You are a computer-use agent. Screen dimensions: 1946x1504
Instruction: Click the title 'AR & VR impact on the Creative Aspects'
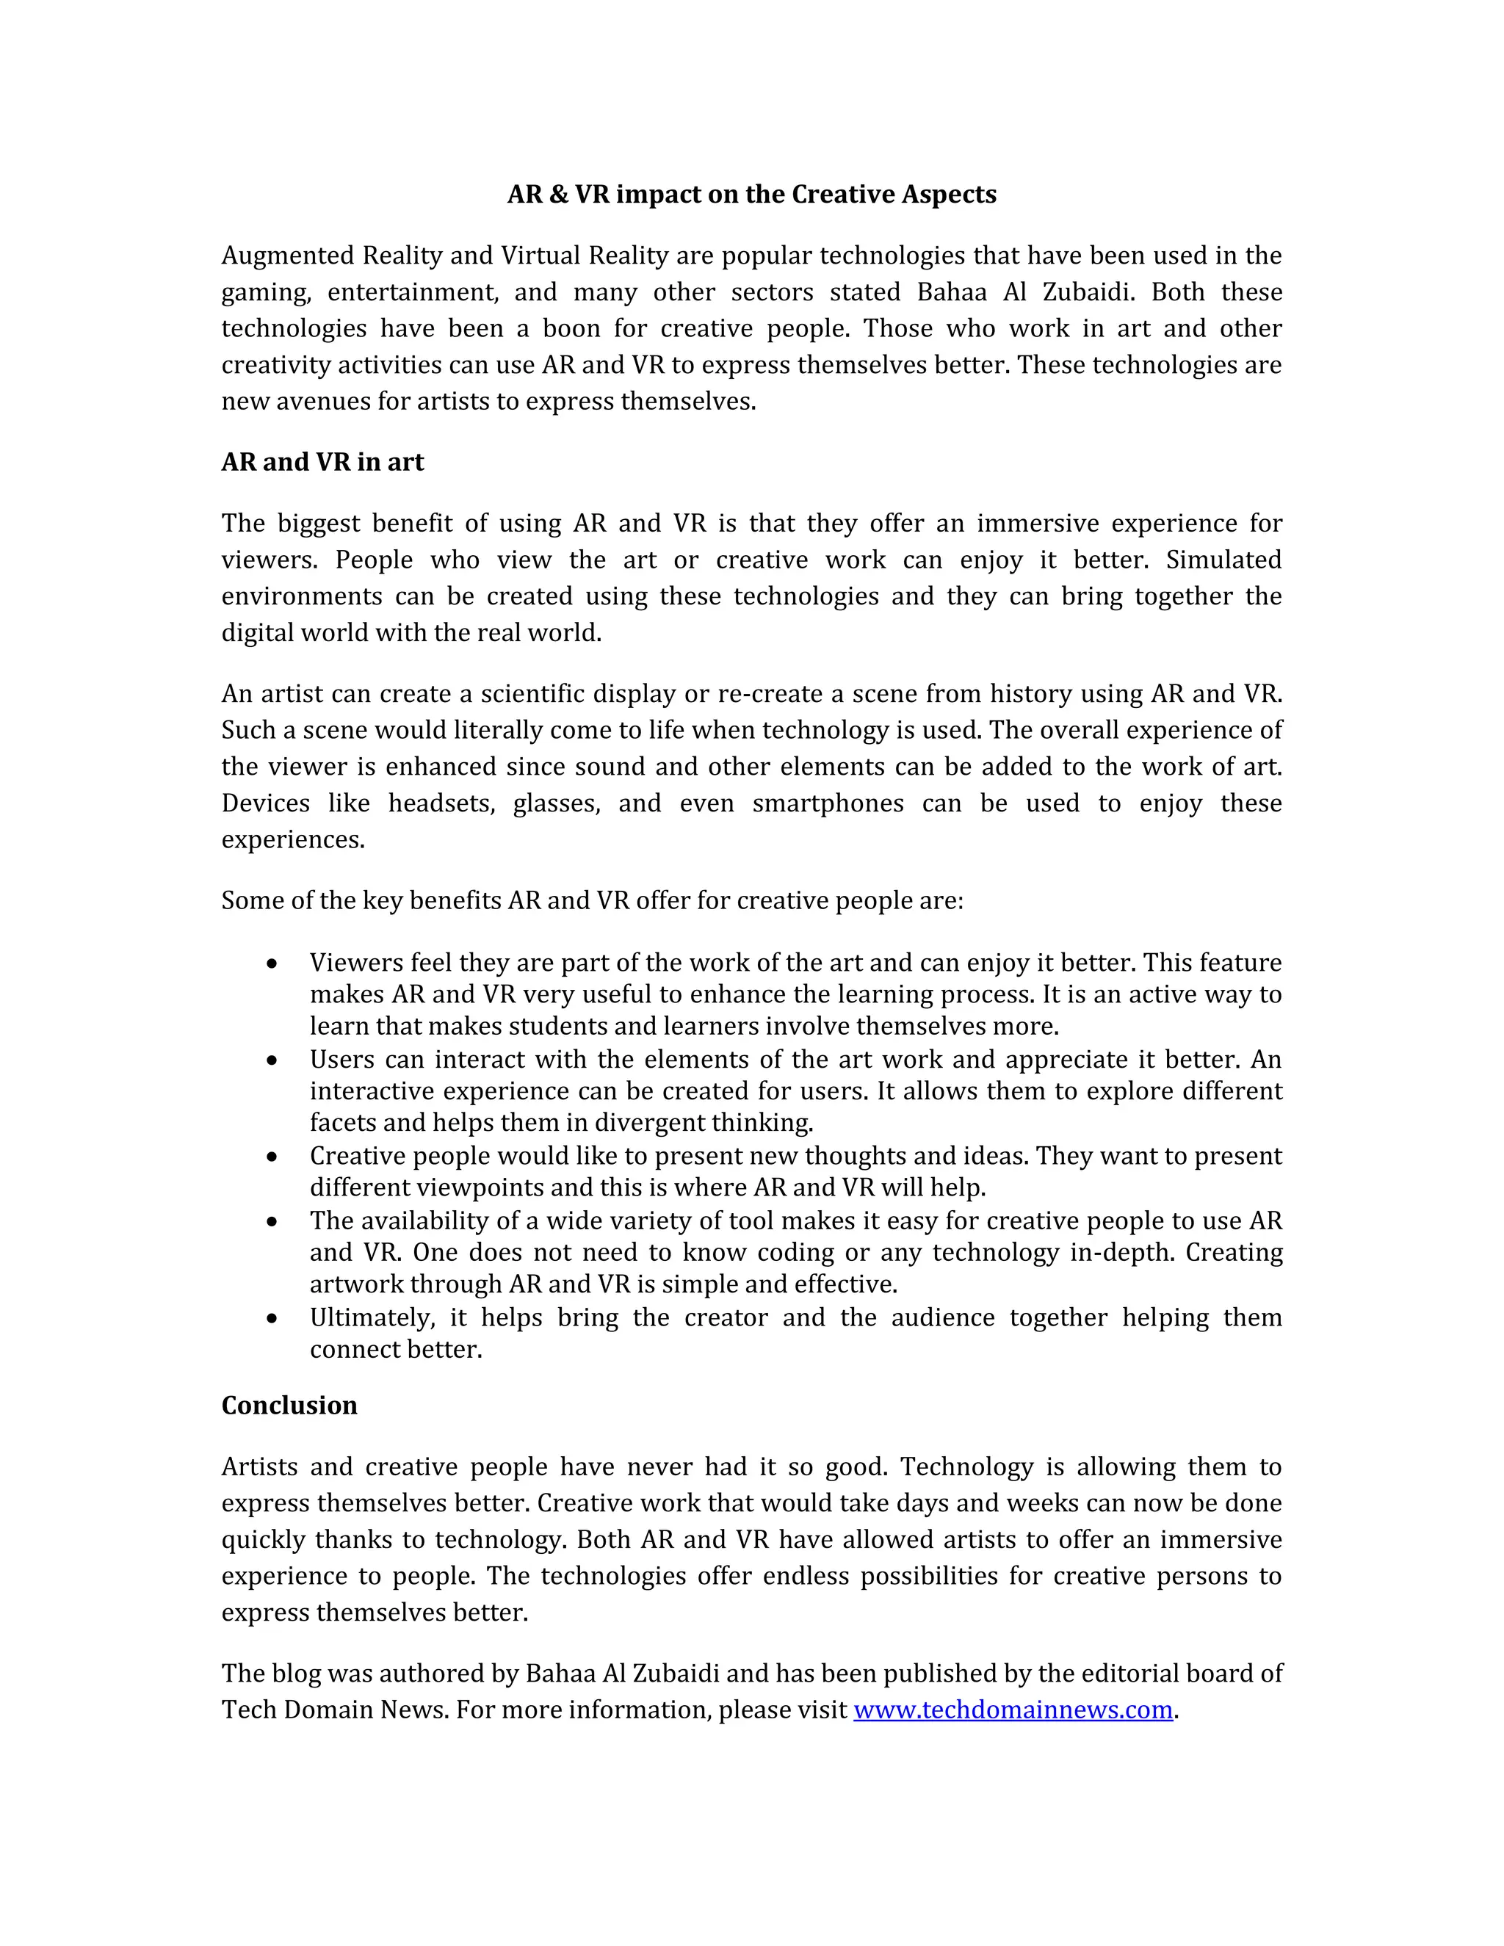pyautogui.click(x=751, y=195)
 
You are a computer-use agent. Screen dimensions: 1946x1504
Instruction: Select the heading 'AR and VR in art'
pyautogui.click(x=322, y=462)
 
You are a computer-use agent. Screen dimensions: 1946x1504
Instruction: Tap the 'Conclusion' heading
pyautogui.click(x=289, y=1405)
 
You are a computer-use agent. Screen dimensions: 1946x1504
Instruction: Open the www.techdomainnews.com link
pyautogui.click(x=1012, y=1709)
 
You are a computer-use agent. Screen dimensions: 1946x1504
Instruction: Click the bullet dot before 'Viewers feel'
pyautogui.click(x=272, y=964)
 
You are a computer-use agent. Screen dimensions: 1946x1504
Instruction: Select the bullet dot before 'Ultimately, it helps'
pyautogui.click(x=272, y=1319)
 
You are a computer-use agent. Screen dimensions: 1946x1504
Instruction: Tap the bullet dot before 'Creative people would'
pyautogui.click(x=272, y=1157)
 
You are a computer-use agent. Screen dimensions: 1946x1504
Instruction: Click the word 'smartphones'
pyautogui.click(x=828, y=803)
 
